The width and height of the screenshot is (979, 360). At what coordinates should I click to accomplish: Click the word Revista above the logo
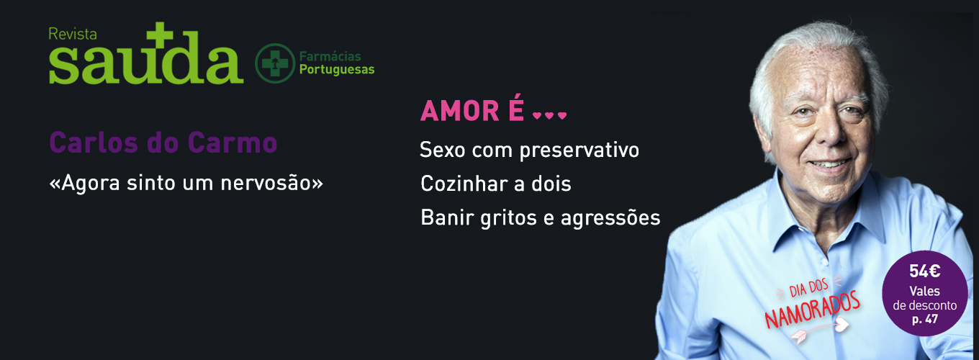point(73,34)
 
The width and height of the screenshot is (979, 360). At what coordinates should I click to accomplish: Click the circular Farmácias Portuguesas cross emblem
point(275,63)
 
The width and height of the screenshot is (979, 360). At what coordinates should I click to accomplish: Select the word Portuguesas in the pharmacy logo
point(337,69)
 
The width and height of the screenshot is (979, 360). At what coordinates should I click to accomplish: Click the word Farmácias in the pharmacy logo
point(330,56)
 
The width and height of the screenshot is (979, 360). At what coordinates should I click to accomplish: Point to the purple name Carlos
point(93,143)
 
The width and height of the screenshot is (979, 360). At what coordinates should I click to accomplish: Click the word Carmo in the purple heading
point(233,143)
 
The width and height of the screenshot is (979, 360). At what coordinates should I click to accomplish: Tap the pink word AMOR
point(460,111)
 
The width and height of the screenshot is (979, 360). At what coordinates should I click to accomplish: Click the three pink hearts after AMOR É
point(549,116)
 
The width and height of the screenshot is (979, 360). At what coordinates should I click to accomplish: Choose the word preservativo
point(579,150)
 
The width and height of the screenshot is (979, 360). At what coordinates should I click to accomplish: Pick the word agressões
point(610,218)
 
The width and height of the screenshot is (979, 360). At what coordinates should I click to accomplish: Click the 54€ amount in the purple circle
point(924,271)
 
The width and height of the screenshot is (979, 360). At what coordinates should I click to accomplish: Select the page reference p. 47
point(924,320)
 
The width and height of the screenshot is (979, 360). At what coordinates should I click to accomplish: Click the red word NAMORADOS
point(812,310)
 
